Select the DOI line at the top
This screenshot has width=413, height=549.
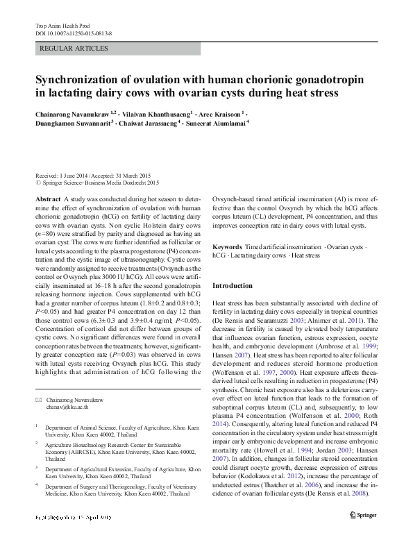tap(73, 33)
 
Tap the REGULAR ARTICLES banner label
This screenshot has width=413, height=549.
tap(75, 49)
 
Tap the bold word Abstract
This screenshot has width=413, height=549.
tap(49, 199)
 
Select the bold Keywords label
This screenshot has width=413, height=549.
tap(227, 247)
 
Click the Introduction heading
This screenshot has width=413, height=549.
tap(233, 286)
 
